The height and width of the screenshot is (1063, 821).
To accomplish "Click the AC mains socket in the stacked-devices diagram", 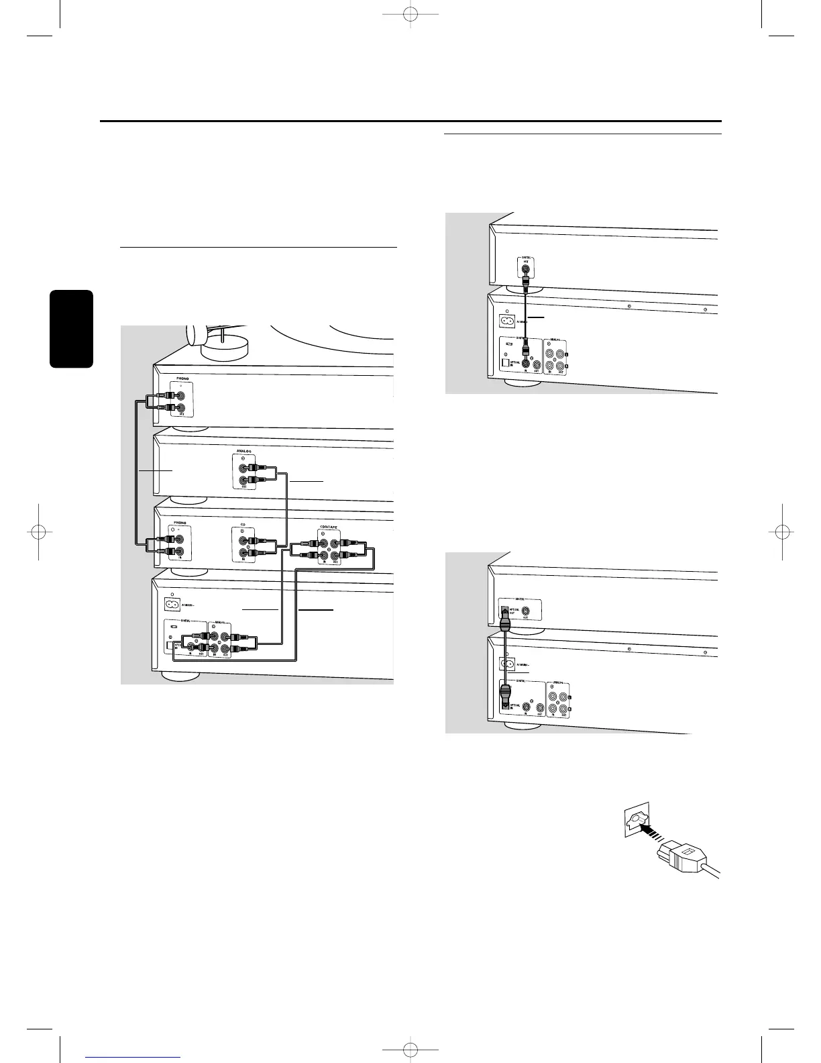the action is click(172, 604).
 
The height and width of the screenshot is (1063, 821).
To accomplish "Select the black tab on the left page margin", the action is click(70, 329).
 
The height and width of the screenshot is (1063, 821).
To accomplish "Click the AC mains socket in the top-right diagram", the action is click(506, 321).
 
